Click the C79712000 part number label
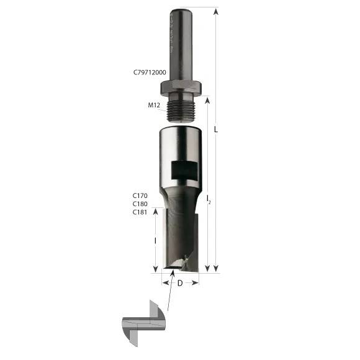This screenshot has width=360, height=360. tap(149, 72)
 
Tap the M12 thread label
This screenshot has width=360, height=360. tap(155, 106)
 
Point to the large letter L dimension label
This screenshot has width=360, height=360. tap(215, 130)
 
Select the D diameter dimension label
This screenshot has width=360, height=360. tap(180, 284)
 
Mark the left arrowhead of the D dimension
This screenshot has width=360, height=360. tap(164, 283)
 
